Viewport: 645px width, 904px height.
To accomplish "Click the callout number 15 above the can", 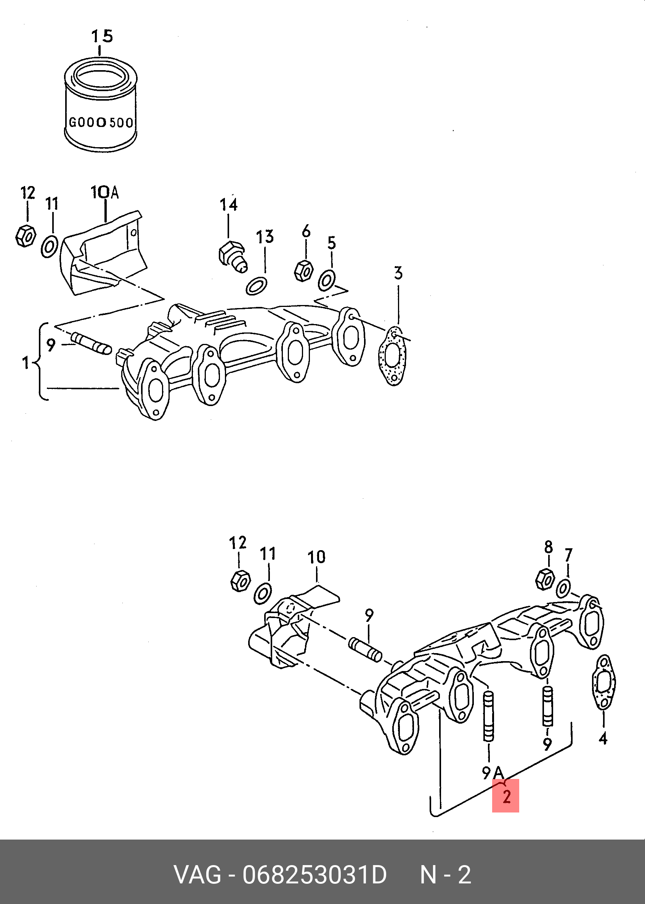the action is [x=102, y=36].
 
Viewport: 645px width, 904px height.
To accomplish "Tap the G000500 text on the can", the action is [x=101, y=122].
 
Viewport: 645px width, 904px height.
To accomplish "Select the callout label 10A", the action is [x=105, y=192].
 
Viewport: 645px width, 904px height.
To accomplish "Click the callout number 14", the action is [x=229, y=205].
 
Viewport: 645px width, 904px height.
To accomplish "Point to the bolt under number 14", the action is [x=233, y=257].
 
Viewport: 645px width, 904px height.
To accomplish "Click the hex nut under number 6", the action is [x=303, y=270].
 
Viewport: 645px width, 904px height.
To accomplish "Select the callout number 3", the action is [x=398, y=273].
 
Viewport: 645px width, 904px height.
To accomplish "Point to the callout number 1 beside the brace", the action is [x=26, y=363].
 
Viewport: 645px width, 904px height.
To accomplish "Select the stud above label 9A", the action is [x=489, y=716].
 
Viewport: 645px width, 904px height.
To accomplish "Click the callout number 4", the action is [x=603, y=739].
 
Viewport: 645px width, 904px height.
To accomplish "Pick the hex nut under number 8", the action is [x=545, y=580].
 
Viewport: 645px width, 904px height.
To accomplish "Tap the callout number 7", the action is [x=568, y=555].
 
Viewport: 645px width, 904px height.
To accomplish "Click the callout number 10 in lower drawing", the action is [x=316, y=557].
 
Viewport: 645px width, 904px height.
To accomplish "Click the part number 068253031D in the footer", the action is [x=314, y=875].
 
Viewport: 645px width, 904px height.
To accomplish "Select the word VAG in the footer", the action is [x=197, y=875].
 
